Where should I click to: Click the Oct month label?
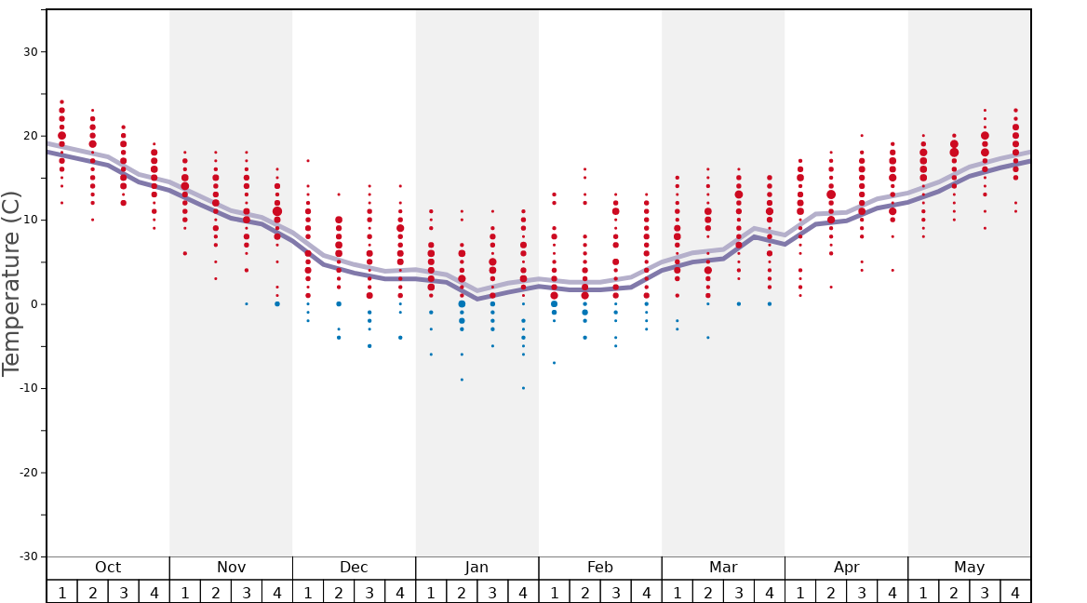(x=108, y=568)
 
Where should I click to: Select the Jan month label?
(x=476, y=568)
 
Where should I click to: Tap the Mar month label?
(x=723, y=568)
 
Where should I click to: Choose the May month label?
(x=969, y=568)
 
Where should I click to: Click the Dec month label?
(x=354, y=568)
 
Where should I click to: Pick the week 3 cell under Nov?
(x=247, y=592)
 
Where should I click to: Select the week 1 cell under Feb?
(x=554, y=592)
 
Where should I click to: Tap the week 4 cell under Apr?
(x=892, y=592)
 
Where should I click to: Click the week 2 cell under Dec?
(x=339, y=592)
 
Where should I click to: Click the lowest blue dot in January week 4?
(x=523, y=388)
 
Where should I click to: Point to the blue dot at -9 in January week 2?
(x=462, y=380)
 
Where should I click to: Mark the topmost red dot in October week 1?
(x=62, y=102)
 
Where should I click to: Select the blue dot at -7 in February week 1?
(x=554, y=363)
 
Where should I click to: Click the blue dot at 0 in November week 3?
(x=247, y=304)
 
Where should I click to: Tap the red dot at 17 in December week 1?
(x=308, y=161)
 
